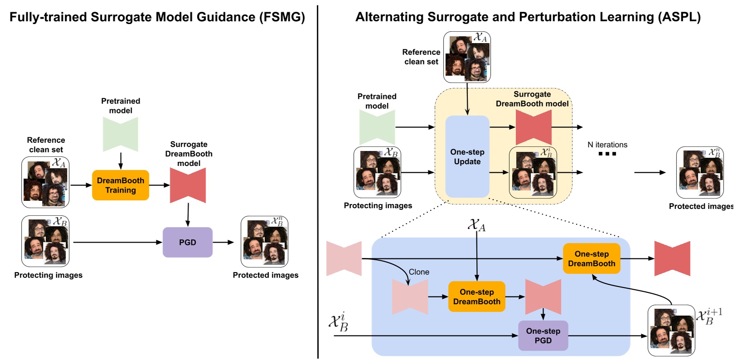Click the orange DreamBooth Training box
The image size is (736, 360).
pyautogui.click(x=120, y=185)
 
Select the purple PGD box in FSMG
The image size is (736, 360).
pyautogui.click(x=187, y=242)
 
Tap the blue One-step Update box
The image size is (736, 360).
pyautogui.click(x=467, y=156)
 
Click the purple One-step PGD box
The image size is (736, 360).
pyautogui.click(x=543, y=336)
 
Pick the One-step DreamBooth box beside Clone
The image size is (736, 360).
pyautogui.click(x=477, y=297)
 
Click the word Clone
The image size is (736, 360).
pyautogui.click(x=419, y=272)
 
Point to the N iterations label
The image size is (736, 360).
pyautogui.click(x=607, y=145)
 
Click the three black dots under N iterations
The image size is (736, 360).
pyautogui.click(x=607, y=154)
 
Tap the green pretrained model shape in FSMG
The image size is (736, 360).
pyautogui.click(x=120, y=134)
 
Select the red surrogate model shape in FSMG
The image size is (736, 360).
pyautogui.click(x=188, y=185)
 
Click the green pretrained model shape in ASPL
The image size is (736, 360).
pyautogui.click(x=377, y=127)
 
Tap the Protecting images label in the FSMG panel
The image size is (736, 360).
pyautogui.click(x=48, y=275)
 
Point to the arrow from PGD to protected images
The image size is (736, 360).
pyautogui.click(x=223, y=242)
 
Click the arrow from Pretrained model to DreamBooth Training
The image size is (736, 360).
pyautogui.click(x=121, y=161)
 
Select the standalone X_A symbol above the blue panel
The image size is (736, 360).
pyautogui.click(x=476, y=224)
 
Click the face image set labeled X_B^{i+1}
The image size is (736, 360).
pyautogui.click(x=671, y=331)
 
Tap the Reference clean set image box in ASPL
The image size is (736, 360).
pyautogui.click(x=467, y=57)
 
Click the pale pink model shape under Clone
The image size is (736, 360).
pyautogui.click(x=410, y=297)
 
